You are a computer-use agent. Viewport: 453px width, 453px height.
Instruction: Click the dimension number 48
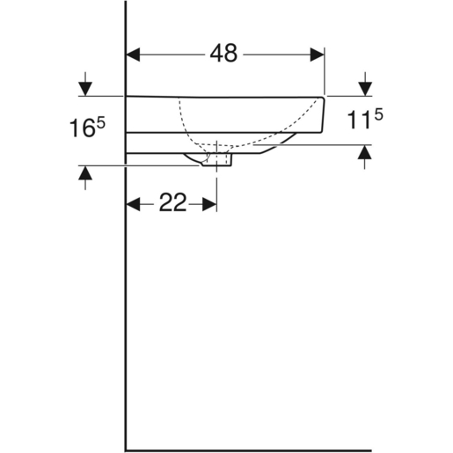(x=223, y=54)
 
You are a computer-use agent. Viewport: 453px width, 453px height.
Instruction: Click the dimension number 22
(x=172, y=204)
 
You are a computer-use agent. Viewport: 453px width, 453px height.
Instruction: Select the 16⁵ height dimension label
(x=87, y=128)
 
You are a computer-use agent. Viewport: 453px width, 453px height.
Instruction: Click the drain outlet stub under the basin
(x=216, y=160)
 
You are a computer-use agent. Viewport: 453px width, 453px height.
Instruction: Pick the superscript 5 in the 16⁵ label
(x=101, y=122)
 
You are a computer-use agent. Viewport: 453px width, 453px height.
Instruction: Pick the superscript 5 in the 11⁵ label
(x=378, y=113)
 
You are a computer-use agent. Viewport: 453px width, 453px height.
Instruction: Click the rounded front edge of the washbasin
(x=325, y=114)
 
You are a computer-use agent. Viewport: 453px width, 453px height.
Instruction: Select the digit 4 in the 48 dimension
(x=216, y=54)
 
